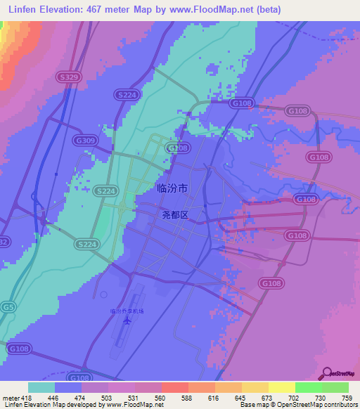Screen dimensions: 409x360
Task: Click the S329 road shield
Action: (x=68, y=77)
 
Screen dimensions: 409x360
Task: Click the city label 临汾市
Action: (x=172, y=188)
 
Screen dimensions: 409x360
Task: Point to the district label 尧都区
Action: (x=172, y=215)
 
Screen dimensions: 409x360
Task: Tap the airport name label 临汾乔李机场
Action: (x=127, y=311)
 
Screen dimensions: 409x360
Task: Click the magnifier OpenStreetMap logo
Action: (x=327, y=373)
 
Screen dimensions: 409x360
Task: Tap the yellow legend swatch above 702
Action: (x=281, y=387)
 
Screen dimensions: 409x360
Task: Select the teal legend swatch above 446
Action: (x=41, y=387)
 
